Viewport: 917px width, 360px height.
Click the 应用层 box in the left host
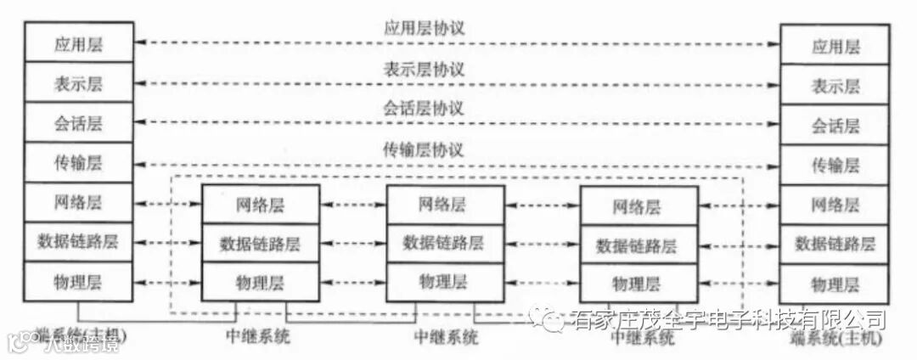point(78,42)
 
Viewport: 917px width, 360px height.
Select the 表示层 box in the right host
point(835,86)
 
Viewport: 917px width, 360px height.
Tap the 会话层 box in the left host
point(78,123)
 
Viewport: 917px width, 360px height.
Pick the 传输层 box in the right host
point(835,164)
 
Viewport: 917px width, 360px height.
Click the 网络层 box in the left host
point(78,203)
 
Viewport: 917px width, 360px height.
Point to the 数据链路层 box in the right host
point(835,244)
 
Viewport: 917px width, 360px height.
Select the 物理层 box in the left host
point(78,281)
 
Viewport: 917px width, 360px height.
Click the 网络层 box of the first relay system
point(260,205)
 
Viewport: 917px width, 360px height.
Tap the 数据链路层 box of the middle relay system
point(443,243)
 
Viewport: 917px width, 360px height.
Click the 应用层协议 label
point(424,28)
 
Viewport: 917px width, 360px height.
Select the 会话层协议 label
point(424,109)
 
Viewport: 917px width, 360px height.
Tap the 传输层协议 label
point(424,150)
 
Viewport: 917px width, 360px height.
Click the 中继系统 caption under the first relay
point(259,335)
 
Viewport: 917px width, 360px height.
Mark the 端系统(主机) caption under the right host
point(835,338)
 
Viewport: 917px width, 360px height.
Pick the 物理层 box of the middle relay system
point(443,281)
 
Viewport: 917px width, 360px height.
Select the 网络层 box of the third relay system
point(638,206)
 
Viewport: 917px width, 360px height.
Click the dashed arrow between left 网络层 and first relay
point(166,205)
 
